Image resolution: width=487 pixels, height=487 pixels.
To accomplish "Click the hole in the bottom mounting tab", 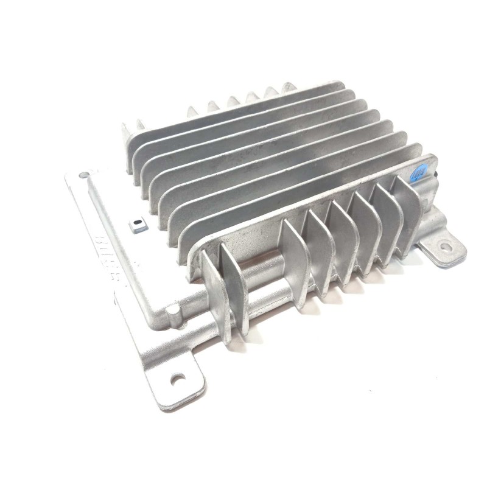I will (178, 379).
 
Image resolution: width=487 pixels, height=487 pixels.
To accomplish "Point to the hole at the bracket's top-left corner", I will (81, 176).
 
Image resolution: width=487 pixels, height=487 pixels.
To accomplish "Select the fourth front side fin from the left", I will (320, 243).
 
